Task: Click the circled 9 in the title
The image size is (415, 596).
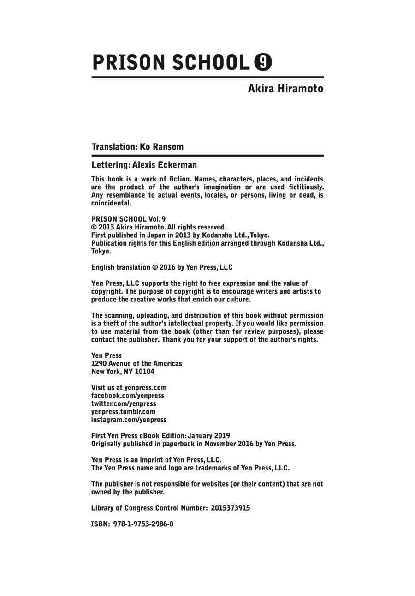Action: (263, 62)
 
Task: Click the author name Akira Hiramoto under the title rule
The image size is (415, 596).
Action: (285, 89)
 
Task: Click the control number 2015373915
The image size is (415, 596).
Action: (231, 508)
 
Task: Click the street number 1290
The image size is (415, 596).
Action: (99, 363)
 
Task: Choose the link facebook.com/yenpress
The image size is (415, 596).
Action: (128, 396)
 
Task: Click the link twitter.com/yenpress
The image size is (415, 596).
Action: (124, 403)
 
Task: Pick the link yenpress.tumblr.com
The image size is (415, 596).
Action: (123, 412)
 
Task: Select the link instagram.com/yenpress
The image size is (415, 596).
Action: (129, 420)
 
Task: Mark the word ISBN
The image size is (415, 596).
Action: (99, 524)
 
